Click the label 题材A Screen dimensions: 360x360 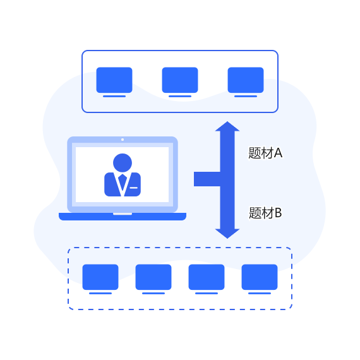pos(265,153)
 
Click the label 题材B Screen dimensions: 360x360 pos(265,213)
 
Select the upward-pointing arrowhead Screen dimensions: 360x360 pos(227,126)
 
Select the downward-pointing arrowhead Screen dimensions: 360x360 pos(227,234)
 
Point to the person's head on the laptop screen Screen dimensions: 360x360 pos(123,163)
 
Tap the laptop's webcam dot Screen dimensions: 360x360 pos(123,140)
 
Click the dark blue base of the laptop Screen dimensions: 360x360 pos(123,217)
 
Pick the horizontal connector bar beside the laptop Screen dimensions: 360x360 pos(207,179)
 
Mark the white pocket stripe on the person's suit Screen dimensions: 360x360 pos(134,188)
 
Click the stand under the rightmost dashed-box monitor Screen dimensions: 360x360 pos(260,293)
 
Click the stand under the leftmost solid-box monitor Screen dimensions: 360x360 pos(114,96)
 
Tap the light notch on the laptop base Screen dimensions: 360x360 pos(123,214)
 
